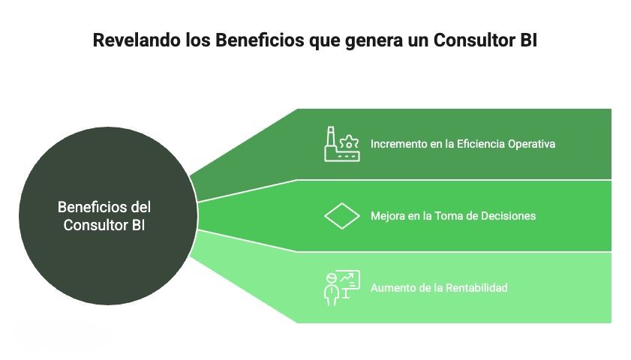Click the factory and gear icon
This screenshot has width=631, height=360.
coord(341,144)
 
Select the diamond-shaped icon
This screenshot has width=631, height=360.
coord(342,216)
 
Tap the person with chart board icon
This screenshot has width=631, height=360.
coord(341,287)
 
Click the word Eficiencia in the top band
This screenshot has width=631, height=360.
coord(479,143)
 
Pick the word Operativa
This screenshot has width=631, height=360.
coord(531,143)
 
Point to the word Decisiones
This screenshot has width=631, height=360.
coord(509,216)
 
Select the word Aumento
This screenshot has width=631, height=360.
coord(392,287)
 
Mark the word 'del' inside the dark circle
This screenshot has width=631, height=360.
coord(140,207)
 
